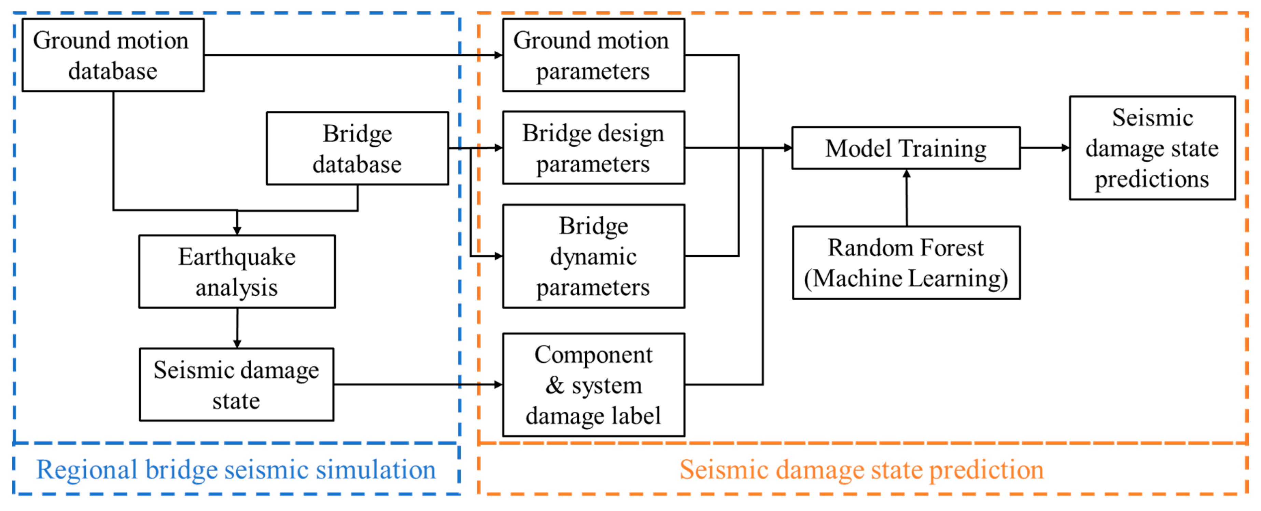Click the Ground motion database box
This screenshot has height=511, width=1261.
coord(113,55)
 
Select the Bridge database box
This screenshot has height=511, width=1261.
coord(358,148)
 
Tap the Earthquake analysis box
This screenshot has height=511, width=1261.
coord(237,271)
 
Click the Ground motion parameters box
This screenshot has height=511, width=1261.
coord(593,55)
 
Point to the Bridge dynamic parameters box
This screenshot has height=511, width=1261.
coord(593,256)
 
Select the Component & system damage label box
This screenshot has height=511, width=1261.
coord(593,385)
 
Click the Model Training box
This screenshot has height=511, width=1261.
coord(906,148)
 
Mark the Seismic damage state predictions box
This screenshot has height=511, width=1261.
coord(1152,148)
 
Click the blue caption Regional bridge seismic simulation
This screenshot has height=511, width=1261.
coord(236,469)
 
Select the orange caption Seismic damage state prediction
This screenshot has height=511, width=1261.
coord(861,469)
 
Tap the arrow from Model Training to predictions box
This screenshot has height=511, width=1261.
coord(1045,147)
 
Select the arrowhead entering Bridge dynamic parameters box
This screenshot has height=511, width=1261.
coord(498,256)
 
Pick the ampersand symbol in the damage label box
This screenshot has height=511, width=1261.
coord(555,385)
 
